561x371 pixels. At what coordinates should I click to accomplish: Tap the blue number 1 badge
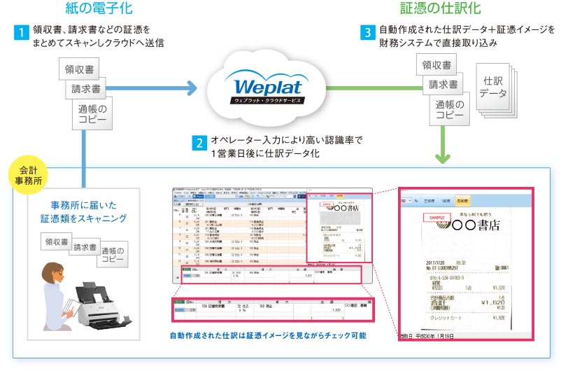(22, 32)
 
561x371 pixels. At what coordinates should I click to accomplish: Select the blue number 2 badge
(200, 143)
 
